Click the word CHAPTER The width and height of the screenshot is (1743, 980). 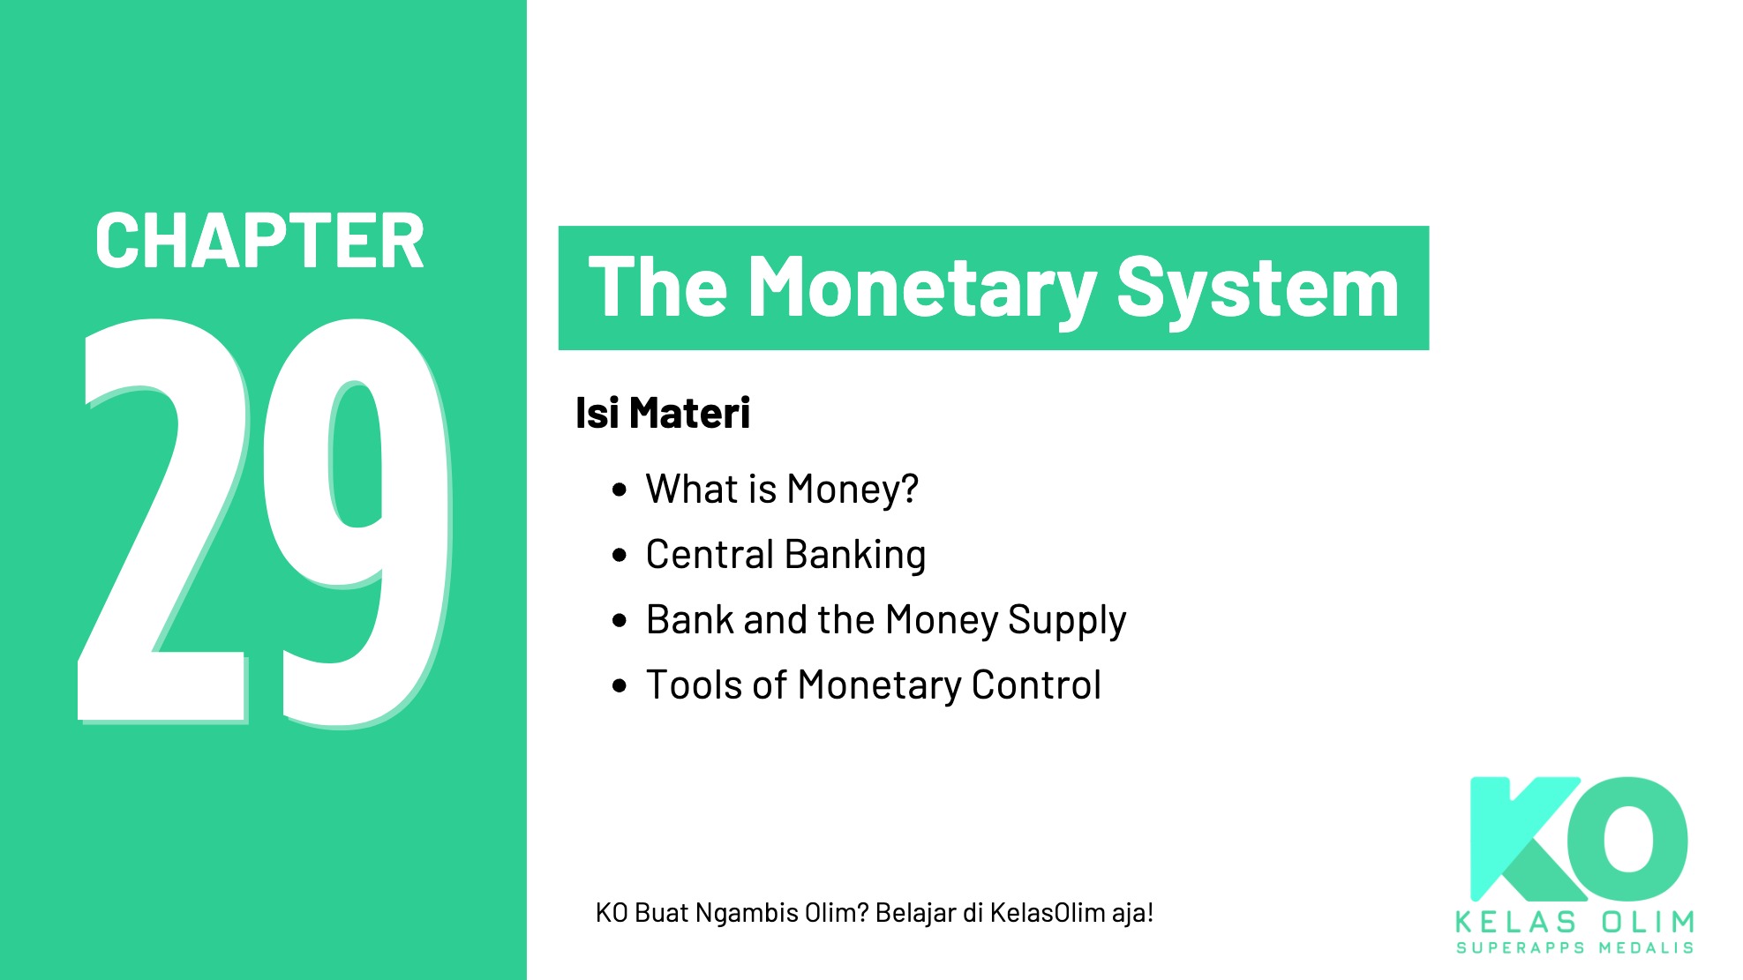(x=259, y=241)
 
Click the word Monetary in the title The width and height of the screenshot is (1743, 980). (x=921, y=288)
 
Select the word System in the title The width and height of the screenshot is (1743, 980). (x=1258, y=288)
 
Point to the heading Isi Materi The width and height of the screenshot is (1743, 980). (x=662, y=413)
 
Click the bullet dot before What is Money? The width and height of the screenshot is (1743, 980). (x=620, y=490)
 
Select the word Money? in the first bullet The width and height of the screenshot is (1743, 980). (x=853, y=490)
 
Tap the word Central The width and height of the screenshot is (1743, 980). (x=710, y=555)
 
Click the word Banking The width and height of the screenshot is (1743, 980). (x=855, y=555)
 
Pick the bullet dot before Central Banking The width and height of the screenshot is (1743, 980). (x=620, y=555)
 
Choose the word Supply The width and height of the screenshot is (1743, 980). (x=1067, y=620)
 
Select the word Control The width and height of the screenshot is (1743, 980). (x=1036, y=685)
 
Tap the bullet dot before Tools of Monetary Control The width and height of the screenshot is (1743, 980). (x=620, y=685)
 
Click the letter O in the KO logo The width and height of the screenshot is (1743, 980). (x=1628, y=838)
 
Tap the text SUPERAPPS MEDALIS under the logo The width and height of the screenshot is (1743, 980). (x=1574, y=948)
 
